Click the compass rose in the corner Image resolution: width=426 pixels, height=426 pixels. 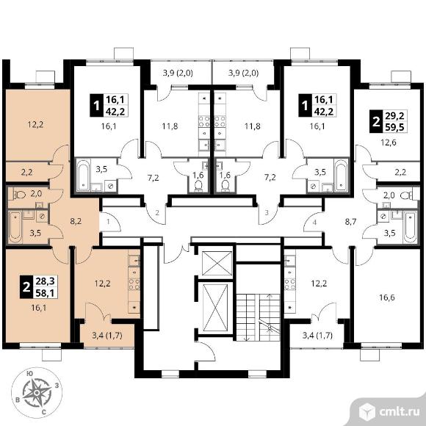pos(37,392)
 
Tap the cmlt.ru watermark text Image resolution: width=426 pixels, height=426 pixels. pos(399,412)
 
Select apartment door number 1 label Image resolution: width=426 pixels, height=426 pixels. pos(108,222)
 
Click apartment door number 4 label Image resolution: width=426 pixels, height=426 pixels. pos(314,223)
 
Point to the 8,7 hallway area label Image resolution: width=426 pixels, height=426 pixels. pos(350,222)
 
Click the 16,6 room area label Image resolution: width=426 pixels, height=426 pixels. pos(387,297)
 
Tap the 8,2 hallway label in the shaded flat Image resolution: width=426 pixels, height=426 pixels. pos(76,221)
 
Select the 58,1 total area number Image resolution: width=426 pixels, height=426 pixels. pos(46,292)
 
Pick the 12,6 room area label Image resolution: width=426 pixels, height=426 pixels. pos(389,142)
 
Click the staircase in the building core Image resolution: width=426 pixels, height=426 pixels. pos(258,317)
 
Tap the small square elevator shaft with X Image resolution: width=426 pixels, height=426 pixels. pos(216,263)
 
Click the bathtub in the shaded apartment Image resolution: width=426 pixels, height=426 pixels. pos(15,227)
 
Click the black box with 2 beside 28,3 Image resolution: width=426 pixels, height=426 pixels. pos(26,287)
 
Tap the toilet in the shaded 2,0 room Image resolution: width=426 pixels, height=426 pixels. pos(19,194)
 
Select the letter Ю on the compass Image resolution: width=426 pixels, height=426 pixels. pos(30,374)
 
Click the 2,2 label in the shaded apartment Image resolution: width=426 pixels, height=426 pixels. pos(26,172)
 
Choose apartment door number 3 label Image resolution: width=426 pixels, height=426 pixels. pos(266,212)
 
